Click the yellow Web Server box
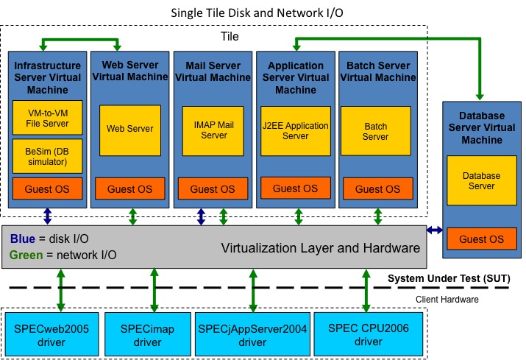[x=130, y=130]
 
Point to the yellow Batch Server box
[x=375, y=131]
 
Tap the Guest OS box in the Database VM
[x=482, y=239]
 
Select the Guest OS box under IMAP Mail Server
[x=213, y=189]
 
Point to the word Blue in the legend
[x=23, y=239]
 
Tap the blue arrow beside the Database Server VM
[x=435, y=230]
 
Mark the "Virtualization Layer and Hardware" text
[x=321, y=248]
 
